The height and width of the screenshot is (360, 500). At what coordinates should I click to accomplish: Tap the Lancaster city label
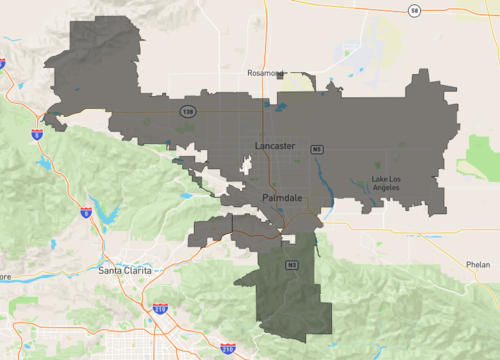275,146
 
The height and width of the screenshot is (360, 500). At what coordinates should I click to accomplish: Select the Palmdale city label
281,199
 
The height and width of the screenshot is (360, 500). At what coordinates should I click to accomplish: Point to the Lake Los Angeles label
386,183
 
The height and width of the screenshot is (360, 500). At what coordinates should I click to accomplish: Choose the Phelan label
477,264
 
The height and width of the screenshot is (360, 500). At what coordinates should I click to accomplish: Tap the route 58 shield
414,9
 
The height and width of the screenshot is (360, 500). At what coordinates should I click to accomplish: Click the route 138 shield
187,111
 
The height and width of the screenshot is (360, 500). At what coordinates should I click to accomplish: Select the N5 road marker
316,149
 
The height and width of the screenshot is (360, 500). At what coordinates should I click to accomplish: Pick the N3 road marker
292,265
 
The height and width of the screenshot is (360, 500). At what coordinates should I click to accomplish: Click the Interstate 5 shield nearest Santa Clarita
86,212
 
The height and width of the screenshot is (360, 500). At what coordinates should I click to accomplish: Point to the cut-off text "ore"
5,277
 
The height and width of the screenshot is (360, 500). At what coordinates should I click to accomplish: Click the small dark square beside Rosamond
283,74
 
